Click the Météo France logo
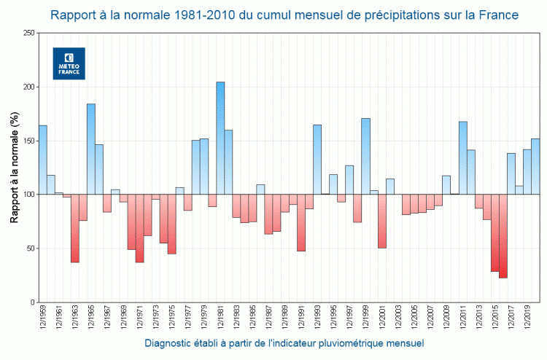[69, 63]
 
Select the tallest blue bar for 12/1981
[220, 138]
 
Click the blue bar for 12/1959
[42, 160]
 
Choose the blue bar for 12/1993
[317, 160]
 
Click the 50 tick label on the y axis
[28, 249]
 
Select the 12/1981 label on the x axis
[220, 321]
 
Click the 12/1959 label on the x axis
[42, 321]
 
